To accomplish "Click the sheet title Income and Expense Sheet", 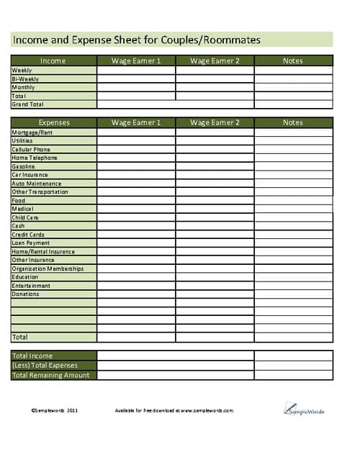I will click(x=137, y=40).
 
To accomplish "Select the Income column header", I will click(x=53, y=61).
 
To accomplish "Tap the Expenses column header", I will click(x=53, y=122).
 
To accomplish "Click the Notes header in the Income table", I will click(x=293, y=61).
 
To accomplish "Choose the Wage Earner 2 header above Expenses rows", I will click(x=215, y=122).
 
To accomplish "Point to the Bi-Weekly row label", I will click(x=25, y=78).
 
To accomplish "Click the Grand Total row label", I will click(x=27, y=104).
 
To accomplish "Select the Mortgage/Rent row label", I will click(x=32, y=132).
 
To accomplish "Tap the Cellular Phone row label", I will click(x=31, y=150).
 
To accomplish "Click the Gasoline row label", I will click(x=23, y=167).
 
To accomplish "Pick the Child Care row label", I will click(x=25, y=217).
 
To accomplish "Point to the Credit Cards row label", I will click(x=28, y=235).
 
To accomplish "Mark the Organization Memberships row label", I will click(x=48, y=268).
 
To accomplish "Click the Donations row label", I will click(x=25, y=294).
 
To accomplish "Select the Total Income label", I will click(x=32, y=356).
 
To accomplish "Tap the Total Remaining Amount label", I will click(x=50, y=375).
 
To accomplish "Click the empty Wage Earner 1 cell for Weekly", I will click(x=136, y=71).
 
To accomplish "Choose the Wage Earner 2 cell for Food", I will click(x=215, y=201).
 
